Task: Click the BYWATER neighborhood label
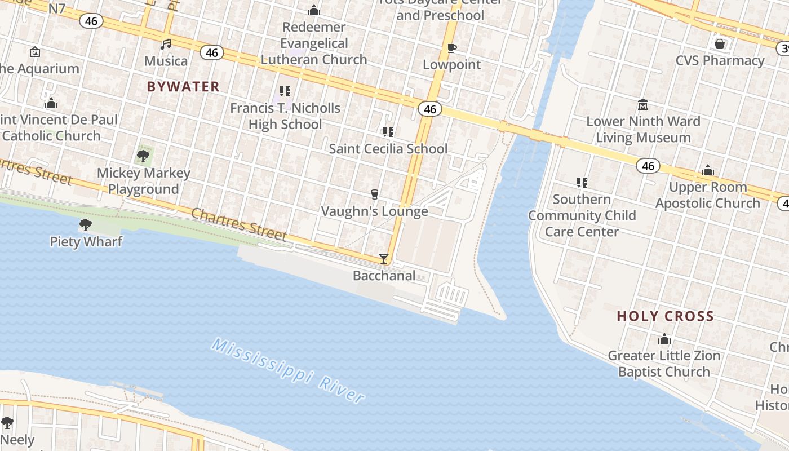coord(183,86)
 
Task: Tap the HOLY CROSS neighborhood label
coord(665,316)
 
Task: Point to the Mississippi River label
coord(288,370)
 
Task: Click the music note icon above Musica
coord(166,44)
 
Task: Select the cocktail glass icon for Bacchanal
coord(384,259)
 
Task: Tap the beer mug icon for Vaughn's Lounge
coord(374,194)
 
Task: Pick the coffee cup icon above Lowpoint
coord(451,48)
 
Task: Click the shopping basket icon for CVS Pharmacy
coord(720,43)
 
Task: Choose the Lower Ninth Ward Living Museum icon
coord(643,104)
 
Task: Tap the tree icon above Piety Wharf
coord(86,225)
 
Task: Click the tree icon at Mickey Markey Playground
coord(143,156)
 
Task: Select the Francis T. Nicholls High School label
coord(285,116)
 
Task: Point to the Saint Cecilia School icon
coord(388,132)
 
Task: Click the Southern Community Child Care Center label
coord(582,215)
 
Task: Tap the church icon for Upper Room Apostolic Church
coord(708,170)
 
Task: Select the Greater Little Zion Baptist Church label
coord(664,364)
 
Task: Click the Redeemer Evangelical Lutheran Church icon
coord(314,10)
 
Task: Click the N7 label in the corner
coord(57,8)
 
